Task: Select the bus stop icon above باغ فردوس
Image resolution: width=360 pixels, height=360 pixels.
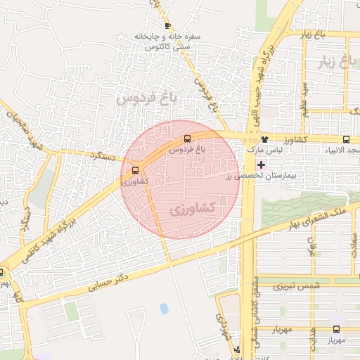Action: click(187, 139)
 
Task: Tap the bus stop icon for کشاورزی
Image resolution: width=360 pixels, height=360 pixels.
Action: click(135, 170)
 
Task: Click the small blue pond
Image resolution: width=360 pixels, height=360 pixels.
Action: click(164, 308)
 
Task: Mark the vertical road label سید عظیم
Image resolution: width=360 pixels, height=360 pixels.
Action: click(304, 94)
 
